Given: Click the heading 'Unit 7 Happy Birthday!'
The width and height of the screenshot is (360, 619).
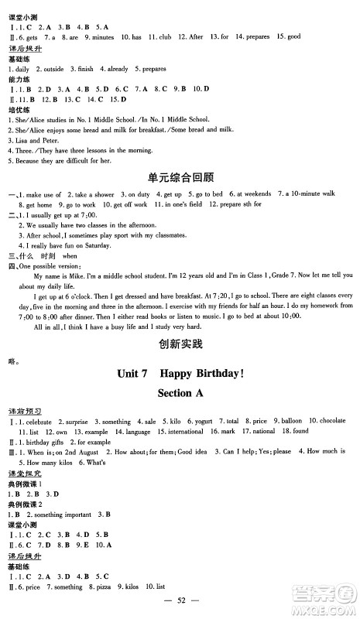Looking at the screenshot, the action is click(180, 372).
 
